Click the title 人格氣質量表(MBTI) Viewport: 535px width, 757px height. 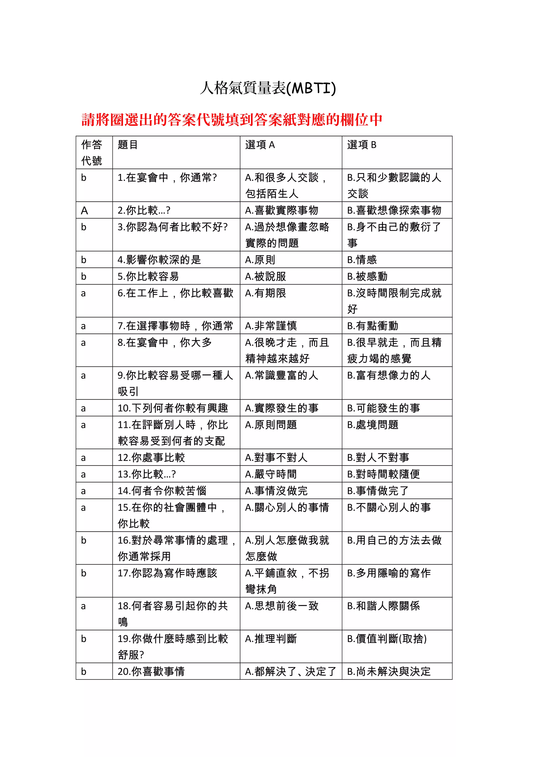(268, 88)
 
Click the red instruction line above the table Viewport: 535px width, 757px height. (232, 120)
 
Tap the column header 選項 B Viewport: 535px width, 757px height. (362, 145)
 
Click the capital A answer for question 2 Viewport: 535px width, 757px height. (84, 210)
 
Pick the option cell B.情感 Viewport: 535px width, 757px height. (362, 260)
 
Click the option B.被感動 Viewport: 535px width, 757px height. (367, 276)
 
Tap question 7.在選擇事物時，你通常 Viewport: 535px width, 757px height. (175, 326)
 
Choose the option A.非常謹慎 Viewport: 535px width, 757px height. (271, 326)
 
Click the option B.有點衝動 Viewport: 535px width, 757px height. (373, 326)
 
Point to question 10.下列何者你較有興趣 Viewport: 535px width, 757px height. (173, 408)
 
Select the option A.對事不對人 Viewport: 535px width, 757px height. (276, 458)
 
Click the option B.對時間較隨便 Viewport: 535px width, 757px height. (383, 474)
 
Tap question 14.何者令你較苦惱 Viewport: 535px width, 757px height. (162, 491)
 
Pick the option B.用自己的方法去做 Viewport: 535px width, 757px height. (394, 540)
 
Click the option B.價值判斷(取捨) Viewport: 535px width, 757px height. (387, 639)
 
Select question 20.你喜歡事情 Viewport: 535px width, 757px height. (151, 671)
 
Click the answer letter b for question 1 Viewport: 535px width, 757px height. (84, 178)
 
